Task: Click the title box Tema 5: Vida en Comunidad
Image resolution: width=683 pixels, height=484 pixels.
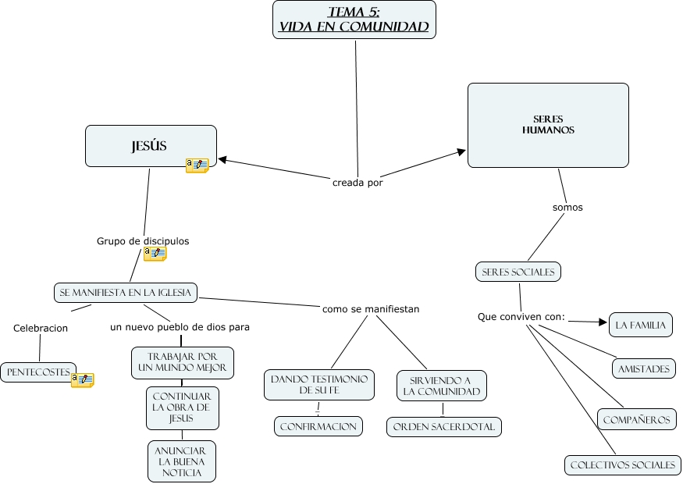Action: click(x=354, y=20)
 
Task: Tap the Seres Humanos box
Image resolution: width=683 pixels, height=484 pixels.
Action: click(x=548, y=125)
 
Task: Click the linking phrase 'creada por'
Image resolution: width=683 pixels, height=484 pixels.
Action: click(x=358, y=183)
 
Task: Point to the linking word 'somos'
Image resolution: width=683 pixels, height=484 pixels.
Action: click(x=567, y=208)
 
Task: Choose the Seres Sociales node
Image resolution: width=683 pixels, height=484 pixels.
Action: click(x=518, y=272)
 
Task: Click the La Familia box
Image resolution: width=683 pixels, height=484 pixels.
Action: click(x=640, y=324)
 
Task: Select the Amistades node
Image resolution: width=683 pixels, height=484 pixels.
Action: click(x=644, y=368)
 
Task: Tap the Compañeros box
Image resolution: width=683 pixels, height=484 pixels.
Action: click(x=637, y=419)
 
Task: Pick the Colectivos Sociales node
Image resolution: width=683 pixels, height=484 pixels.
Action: click(x=622, y=464)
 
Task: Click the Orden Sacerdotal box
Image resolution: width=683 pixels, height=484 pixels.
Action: click(x=443, y=427)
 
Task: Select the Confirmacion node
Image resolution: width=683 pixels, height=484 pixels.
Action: click(x=318, y=426)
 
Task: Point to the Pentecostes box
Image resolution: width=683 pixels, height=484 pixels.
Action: click(x=37, y=372)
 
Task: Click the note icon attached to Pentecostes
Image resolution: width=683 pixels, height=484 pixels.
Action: click(x=82, y=380)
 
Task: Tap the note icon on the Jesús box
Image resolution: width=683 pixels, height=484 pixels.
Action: click(x=197, y=165)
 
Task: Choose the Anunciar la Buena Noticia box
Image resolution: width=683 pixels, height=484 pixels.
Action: click(x=181, y=461)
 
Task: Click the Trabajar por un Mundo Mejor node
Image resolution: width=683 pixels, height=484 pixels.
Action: click(x=182, y=361)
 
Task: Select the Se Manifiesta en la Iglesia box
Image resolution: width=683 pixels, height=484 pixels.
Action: click(x=125, y=292)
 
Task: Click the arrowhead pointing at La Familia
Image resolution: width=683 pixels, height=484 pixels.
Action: click(x=603, y=322)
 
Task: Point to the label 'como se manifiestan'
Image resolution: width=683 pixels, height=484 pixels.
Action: click(x=371, y=309)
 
